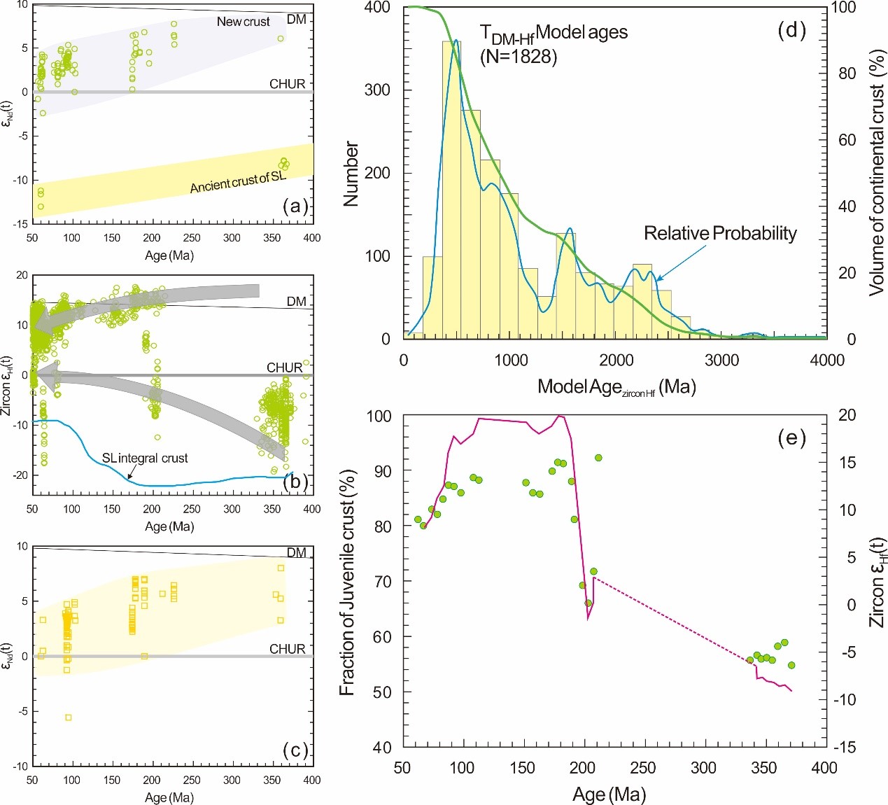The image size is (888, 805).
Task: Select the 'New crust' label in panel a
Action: [243, 22]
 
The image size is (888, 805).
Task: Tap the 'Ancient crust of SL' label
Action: [238, 182]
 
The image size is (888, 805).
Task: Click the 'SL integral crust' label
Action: [145, 458]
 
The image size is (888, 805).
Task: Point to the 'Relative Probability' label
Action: [720, 233]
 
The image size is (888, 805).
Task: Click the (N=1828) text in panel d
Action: [519, 57]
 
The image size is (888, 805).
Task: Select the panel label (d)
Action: [791, 30]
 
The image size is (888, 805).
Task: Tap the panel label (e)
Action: [791, 438]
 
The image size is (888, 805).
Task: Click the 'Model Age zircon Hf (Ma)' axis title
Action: [616, 387]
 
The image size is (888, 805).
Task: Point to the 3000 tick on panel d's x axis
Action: [721, 360]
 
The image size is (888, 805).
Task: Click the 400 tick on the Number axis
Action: [377, 8]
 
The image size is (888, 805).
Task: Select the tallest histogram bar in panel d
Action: [451, 189]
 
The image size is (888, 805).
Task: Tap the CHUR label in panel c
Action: [288, 649]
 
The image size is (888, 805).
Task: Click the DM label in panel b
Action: [297, 302]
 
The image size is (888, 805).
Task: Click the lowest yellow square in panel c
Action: [68, 717]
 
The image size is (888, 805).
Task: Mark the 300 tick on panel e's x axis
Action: [703, 768]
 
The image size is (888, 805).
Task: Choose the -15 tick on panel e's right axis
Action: [847, 747]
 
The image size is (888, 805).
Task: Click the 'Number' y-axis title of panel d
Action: [351, 174]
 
